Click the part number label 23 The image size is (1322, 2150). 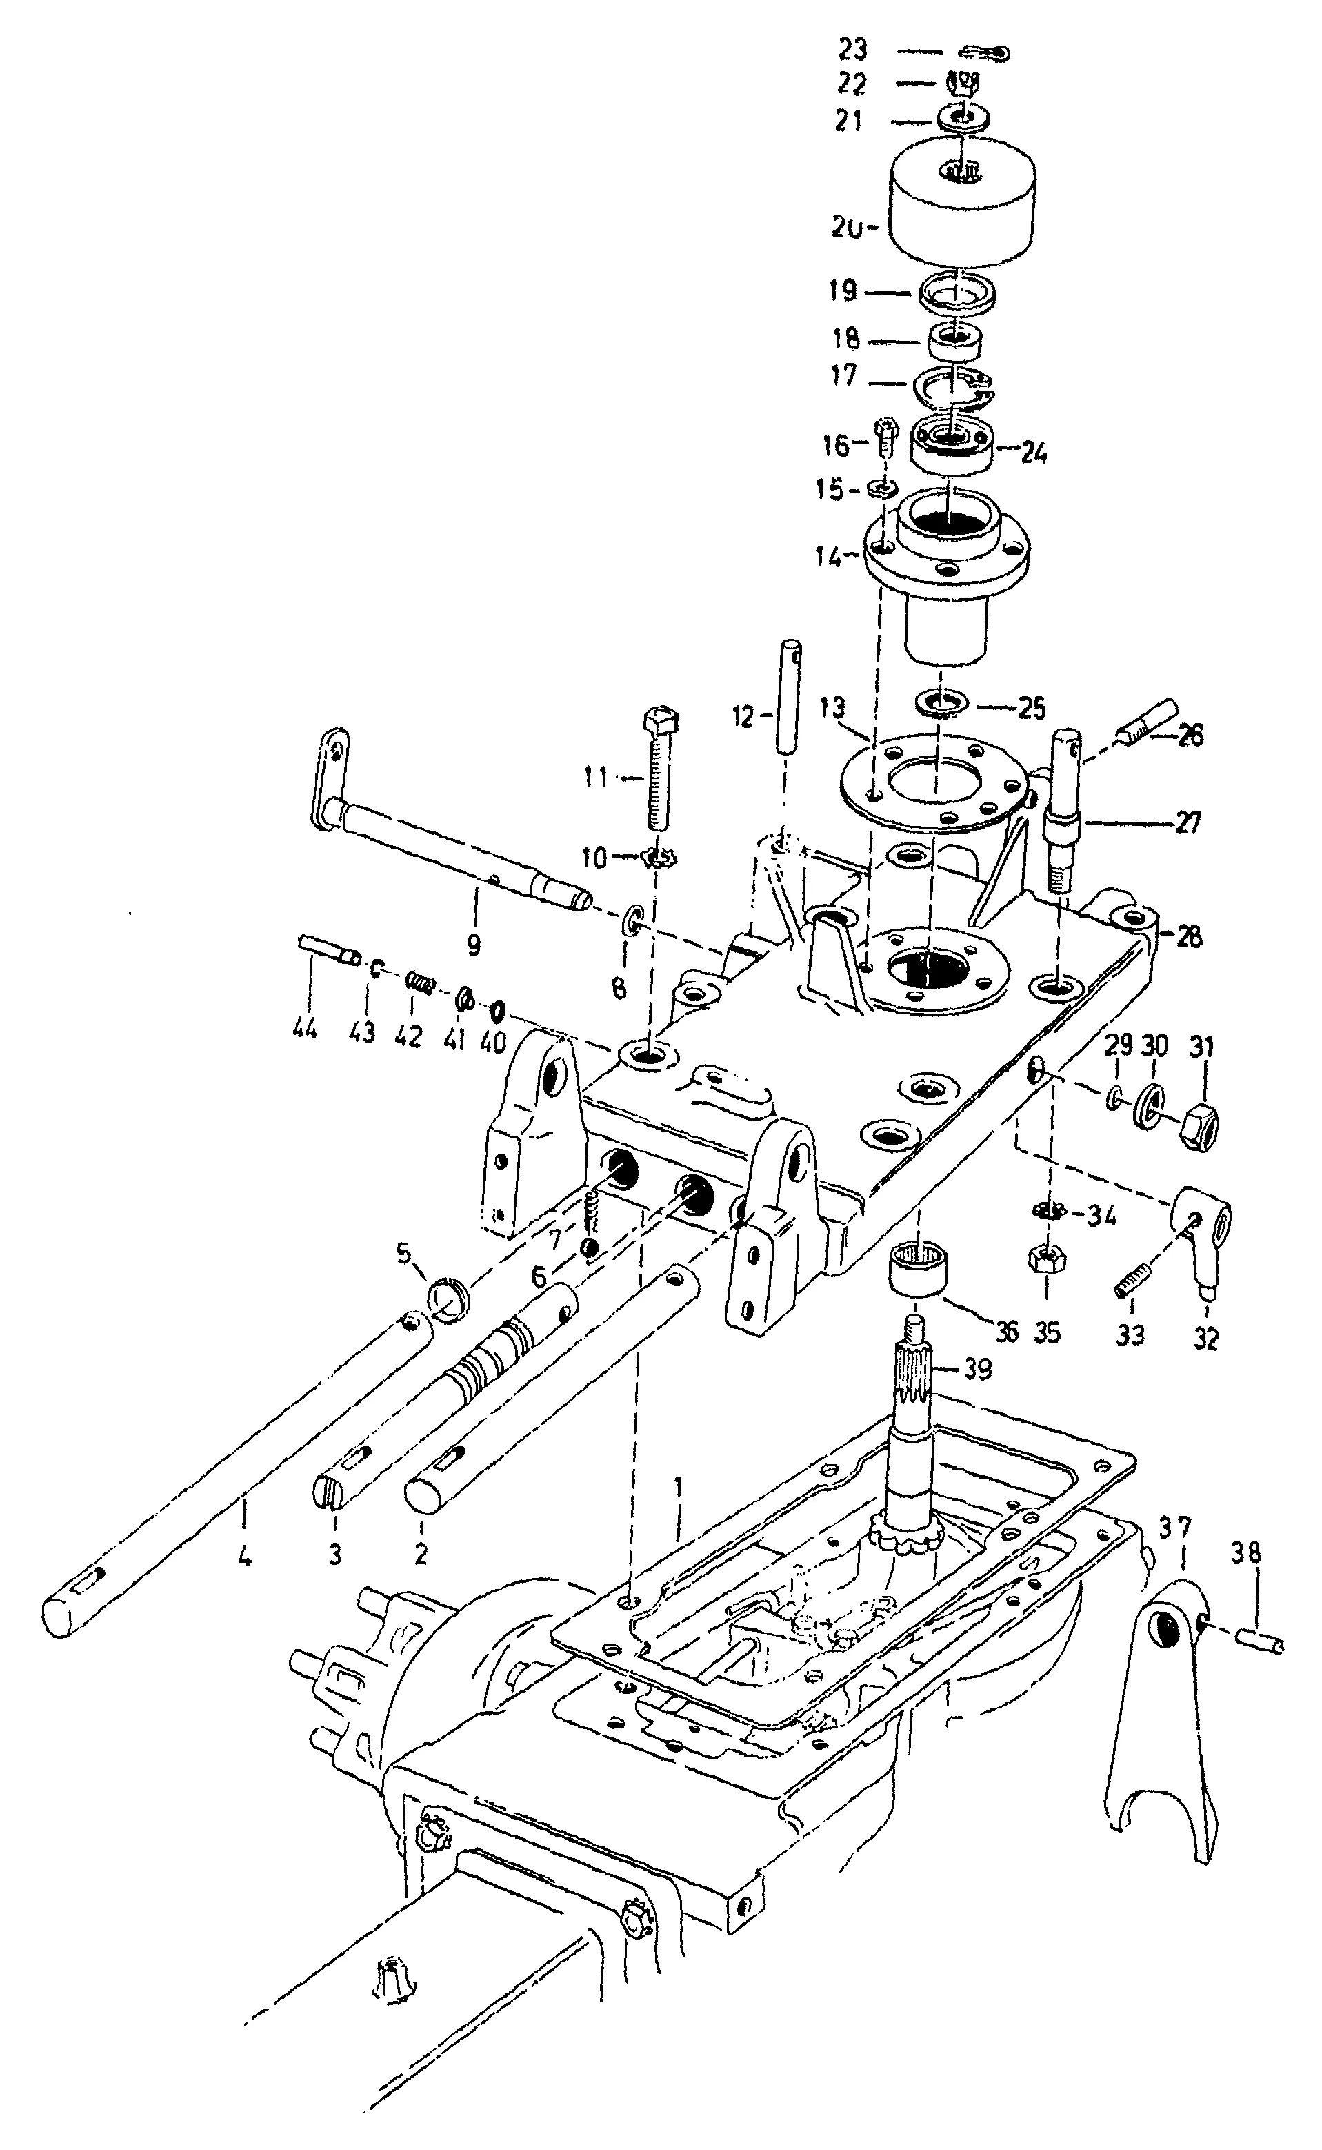852,49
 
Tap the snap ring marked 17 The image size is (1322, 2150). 953,388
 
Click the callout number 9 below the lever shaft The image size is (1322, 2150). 473,945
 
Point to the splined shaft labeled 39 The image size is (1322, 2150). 912,1426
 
